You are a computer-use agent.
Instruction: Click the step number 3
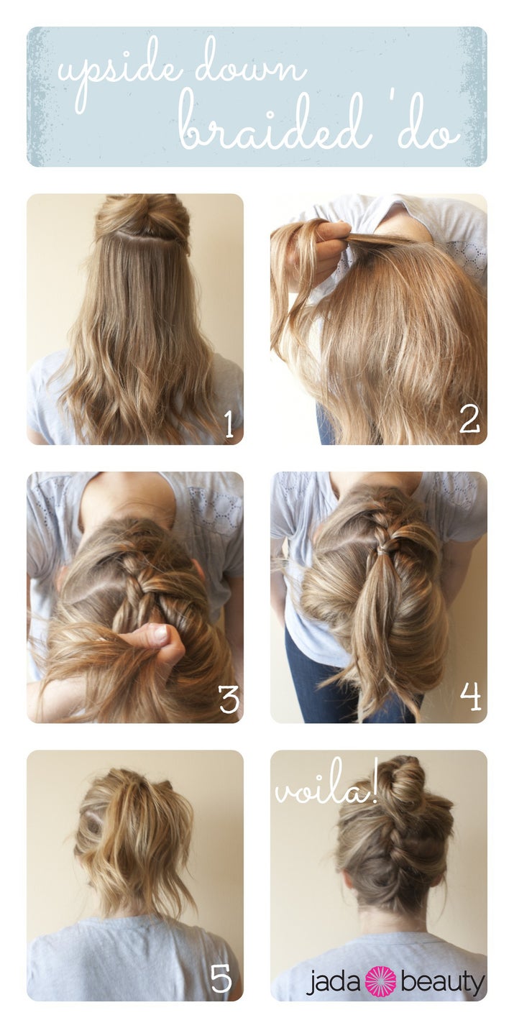(x=229, y=699)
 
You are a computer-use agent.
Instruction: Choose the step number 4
(x=470, y=697)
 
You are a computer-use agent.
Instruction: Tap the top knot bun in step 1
(x=142, y=220)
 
